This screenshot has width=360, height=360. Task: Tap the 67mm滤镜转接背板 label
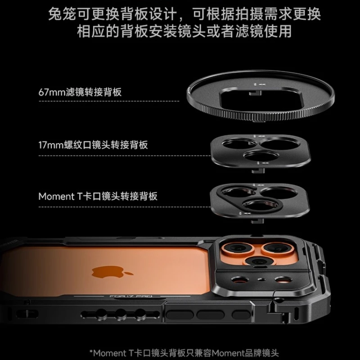coord(80,93)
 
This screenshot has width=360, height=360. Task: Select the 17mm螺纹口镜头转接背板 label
coord(93,145)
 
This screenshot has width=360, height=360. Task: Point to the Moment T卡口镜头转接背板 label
coord(98,197)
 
